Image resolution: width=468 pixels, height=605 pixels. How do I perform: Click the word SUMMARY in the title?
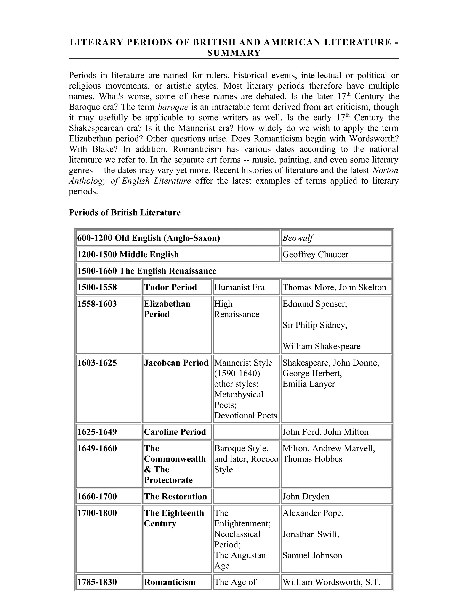coord(234,53)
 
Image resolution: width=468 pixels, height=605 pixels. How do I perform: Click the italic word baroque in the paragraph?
coord(173,107)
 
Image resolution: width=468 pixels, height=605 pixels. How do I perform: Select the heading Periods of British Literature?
coord(125,213)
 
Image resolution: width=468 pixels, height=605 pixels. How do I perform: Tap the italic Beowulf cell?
coord(298,238)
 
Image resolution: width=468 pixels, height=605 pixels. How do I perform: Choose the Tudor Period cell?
coord(170,287)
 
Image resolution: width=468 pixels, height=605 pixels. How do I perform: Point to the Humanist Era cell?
coord(239,287)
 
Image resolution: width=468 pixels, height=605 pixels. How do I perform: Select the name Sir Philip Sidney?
coord(315,325)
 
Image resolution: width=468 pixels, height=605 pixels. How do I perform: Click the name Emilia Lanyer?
coord(308,384)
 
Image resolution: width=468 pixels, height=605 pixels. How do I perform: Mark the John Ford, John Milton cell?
coord(325,432)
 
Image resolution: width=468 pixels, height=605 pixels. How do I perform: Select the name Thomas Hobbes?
coord(312,459)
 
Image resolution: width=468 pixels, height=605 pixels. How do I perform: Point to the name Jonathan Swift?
coord(311,534)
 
